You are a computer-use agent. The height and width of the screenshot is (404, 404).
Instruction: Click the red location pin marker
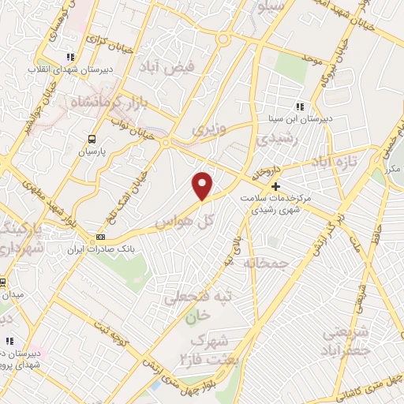pyautogui.click(x=203, y=184)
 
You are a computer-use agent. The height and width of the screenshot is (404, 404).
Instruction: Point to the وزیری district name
pyautogui.click(x=211, y=128)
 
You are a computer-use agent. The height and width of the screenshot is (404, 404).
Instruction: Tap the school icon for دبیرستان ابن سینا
pyautogui.click(x=298, y=106)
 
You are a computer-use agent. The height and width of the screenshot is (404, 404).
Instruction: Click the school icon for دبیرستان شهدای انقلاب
pyautogui.click(x=70, y=56)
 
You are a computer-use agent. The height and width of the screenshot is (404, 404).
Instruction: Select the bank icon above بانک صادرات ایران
pyautogui.click(x=100, y=237)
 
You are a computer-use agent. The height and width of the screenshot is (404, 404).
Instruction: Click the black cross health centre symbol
pyautogui.click(x=275, y=187)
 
